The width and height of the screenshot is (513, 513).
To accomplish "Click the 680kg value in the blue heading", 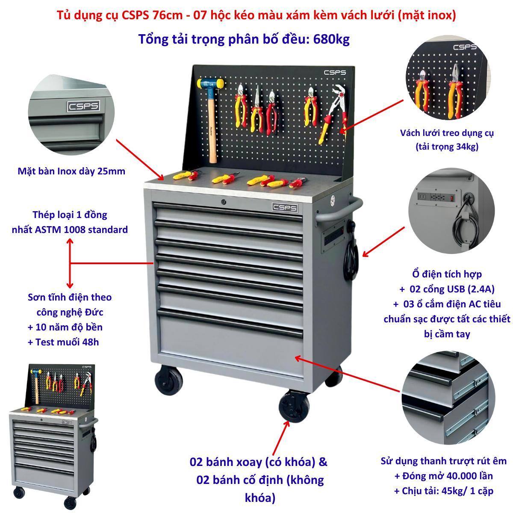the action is (331, 39).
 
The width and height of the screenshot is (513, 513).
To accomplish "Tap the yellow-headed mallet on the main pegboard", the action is (211, 117).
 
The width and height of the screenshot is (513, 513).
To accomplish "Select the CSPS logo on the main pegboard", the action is (335, 72).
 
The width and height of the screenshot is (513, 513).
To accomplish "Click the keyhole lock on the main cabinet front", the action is (223, 202).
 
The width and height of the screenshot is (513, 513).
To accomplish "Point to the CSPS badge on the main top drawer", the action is (285, 207).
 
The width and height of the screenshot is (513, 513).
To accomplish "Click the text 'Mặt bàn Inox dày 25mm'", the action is (71, 171).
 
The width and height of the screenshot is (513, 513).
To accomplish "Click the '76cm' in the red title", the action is (168, 15).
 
